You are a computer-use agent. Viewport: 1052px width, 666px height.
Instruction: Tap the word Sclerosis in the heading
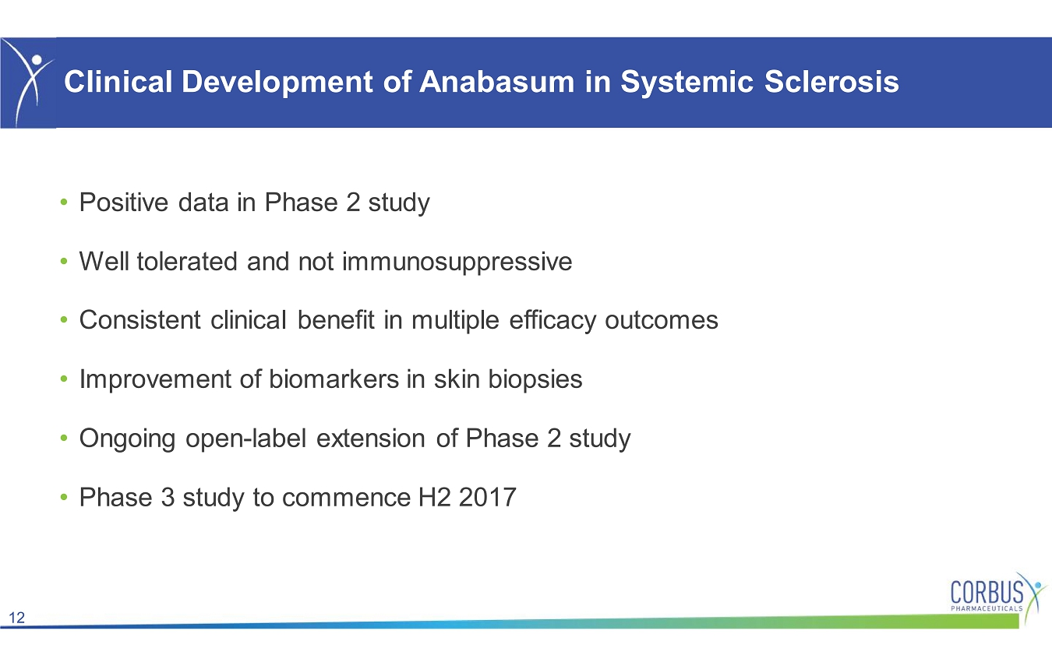tap(831, 82)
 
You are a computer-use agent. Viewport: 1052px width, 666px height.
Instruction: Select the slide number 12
tap(17, 618)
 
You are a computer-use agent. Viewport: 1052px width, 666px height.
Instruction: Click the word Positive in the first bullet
tap(124, 203)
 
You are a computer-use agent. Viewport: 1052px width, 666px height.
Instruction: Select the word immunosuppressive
tap(457, 262)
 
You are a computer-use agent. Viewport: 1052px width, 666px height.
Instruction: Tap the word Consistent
tap(140, 320)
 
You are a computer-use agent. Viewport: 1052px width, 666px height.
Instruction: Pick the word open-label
tap(245, 439)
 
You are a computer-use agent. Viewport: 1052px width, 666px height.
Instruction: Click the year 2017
tap(488, 498)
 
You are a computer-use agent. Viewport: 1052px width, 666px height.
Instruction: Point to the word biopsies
tap(535, 379)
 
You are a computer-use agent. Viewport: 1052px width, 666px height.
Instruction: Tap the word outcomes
tap(662, 321)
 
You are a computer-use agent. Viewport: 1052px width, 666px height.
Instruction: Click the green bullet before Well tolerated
tap(64, 262)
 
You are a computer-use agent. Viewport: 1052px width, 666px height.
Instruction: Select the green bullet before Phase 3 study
tap(64, 497)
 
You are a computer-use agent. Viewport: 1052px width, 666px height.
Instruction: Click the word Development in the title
tap(277, 83)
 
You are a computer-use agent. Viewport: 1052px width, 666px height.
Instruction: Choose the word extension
tap(371, 439)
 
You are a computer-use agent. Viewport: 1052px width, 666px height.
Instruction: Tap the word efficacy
tap(552, 321)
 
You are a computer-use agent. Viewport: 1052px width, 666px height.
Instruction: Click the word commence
tap(346, 499)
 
